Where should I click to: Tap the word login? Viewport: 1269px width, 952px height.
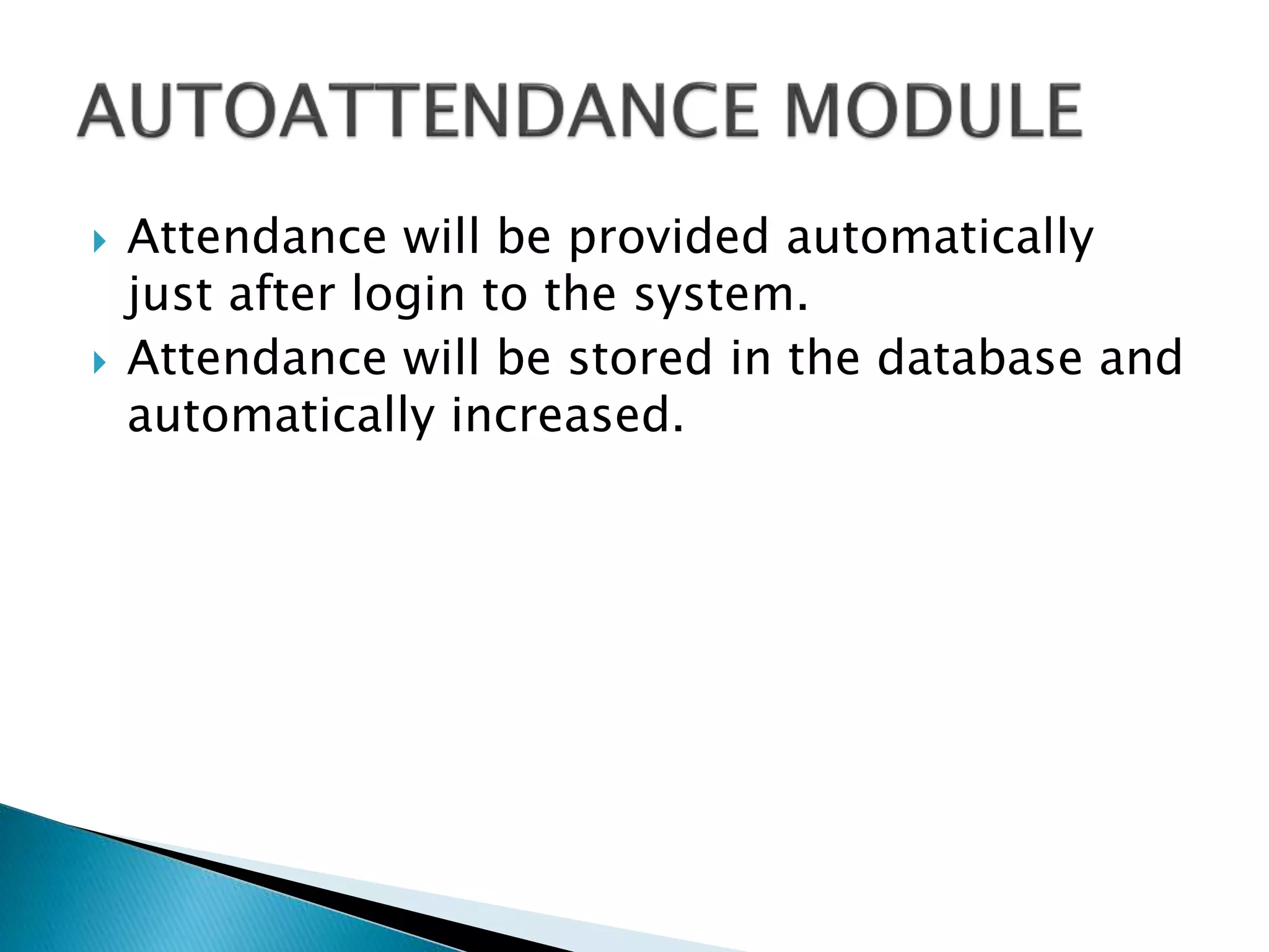pos(408,295)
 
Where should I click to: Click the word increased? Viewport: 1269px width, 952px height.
pos(567,416)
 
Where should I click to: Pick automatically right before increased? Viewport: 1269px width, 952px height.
pos(281,416)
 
